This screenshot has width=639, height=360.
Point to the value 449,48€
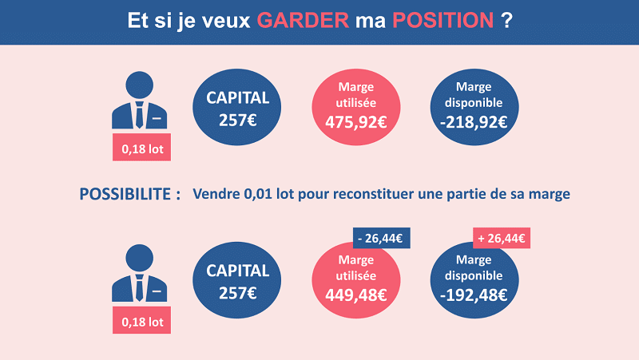356,295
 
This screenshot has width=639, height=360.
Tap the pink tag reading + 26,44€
503,237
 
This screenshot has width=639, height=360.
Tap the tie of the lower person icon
140,288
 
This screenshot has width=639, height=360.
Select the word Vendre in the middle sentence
218,195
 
